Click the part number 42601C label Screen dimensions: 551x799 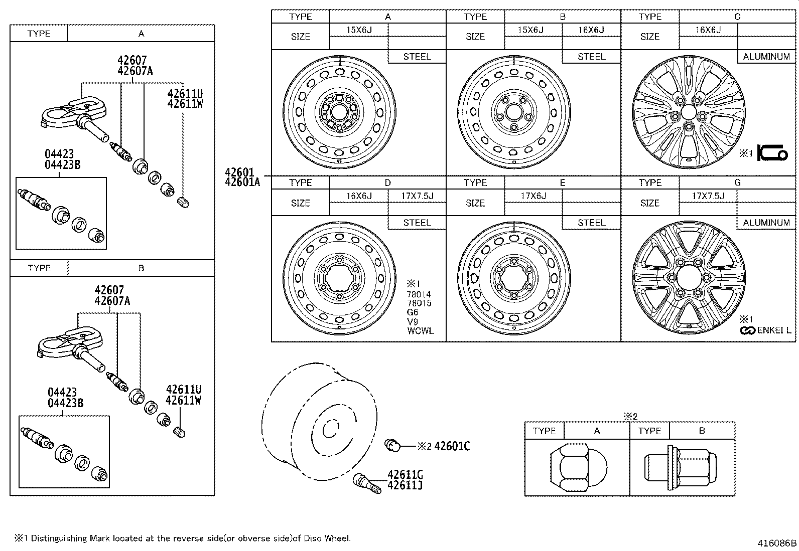(452, 446)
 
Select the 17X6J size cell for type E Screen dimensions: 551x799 (533, 196)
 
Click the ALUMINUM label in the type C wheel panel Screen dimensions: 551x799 (766, 57)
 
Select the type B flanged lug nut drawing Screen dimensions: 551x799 (680, 467)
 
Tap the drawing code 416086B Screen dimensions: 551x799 (777, 542)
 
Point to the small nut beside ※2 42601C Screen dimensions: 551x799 (392, 445)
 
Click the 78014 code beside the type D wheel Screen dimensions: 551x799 (419, 294)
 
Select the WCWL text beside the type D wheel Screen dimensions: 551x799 (420, 330)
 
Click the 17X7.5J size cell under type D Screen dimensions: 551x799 (417, 196)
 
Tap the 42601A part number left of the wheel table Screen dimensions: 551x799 (242, 182)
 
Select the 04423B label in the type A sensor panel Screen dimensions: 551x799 (64, 165)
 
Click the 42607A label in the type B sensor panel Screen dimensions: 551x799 (112, 301)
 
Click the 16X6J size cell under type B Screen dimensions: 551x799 (591, 30)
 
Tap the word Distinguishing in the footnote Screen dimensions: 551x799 (60, 538)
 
